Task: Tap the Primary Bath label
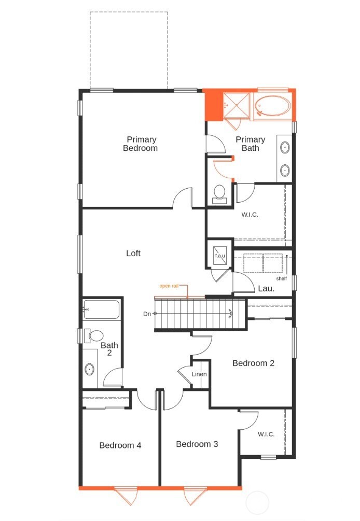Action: [250, 144]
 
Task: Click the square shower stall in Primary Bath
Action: [237, 106]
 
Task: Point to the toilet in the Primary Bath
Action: [219, 193]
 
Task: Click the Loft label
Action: [133, 254]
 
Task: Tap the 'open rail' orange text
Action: [170, 286]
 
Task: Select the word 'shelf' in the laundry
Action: [282, 278]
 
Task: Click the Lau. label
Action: [266, 289]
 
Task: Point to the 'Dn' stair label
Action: [148, 314]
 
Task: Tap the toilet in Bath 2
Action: [95, 336]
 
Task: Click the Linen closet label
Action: [199, 374]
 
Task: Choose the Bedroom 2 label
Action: [253, 363]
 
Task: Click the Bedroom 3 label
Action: [197, 444]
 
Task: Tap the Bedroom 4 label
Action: [120, 445]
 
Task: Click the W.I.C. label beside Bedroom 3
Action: [266, 434]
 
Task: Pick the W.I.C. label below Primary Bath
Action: [250, 214]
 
